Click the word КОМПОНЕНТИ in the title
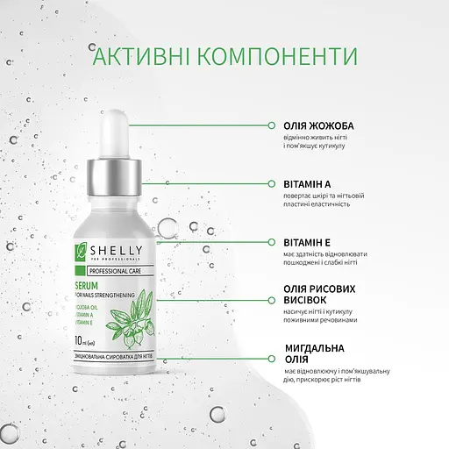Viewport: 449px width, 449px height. (278, 55)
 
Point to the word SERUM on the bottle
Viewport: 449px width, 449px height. (90, 287)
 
